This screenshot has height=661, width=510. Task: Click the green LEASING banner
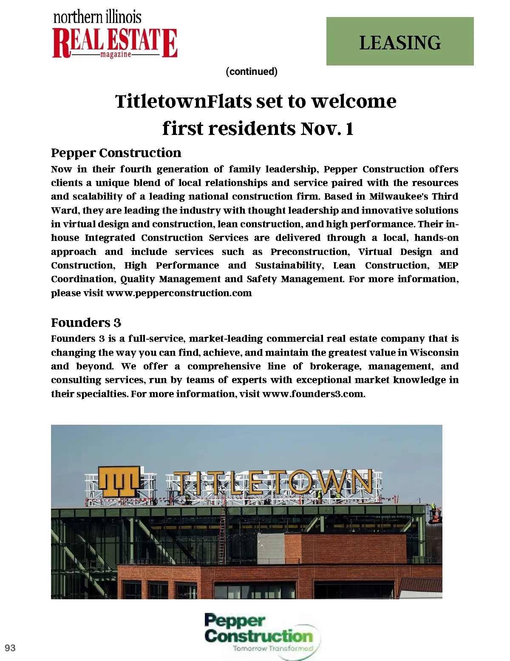pos(399,41)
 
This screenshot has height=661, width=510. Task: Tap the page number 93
pos(10,648)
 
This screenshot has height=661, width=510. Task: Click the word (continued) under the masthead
pos(252,72)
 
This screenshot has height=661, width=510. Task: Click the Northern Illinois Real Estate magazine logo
pos(114,36)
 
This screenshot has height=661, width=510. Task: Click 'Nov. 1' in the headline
pos(327,129)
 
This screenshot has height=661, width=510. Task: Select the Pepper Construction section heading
pos(116,153)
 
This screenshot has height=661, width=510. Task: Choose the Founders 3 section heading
pos(86,323)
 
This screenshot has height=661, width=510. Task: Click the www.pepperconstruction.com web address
pos(178,293)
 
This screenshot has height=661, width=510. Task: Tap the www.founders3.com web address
pos(313,394)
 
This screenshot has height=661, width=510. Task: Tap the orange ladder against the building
pos(222,532)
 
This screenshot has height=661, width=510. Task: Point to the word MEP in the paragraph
pos(448,266)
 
